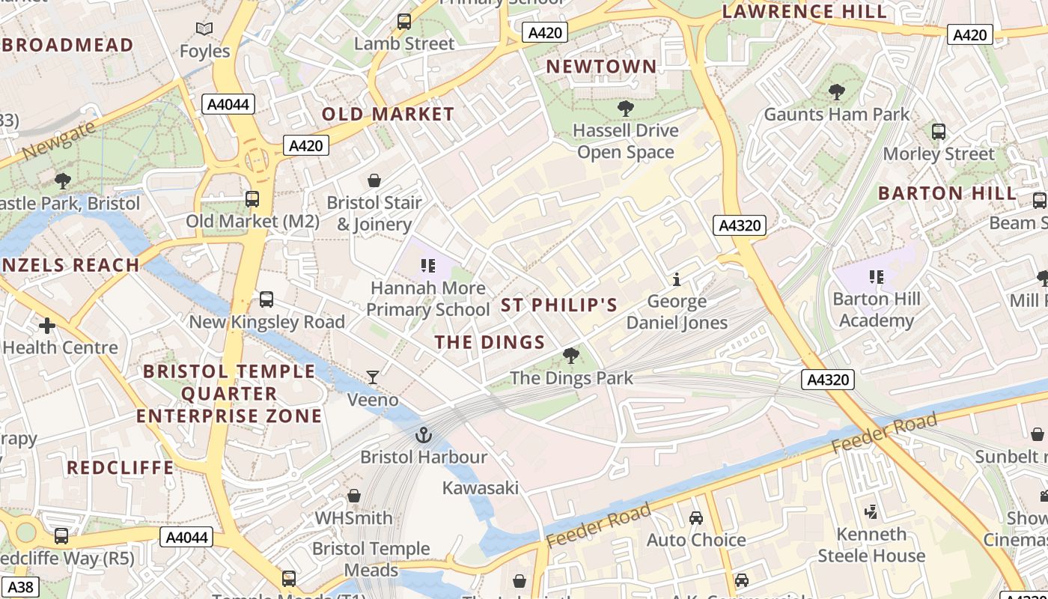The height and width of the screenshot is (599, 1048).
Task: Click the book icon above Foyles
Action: [x=204, y=29]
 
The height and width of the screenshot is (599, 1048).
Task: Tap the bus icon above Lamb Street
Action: [x=404, y=22]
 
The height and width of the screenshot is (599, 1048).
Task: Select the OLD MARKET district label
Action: [x=388, y=114]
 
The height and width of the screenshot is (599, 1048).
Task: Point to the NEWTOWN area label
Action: [x=601, y=66]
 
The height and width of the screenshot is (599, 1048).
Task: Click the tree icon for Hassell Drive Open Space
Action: [x=626, y=109]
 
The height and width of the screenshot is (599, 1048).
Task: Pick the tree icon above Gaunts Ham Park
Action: [x=836, y=92]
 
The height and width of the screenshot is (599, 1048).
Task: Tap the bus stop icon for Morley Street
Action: [x=939, y=132]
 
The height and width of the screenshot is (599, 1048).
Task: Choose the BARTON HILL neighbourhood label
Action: [x=948, y=192]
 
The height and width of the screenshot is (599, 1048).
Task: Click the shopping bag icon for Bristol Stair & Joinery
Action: [x=374, y=180]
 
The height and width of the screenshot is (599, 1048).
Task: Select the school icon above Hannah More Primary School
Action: [x=428, y=265]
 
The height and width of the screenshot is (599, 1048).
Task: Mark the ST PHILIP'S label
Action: [x=559, y=305]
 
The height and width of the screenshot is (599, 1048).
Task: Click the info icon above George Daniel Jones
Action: [x=677, y=279]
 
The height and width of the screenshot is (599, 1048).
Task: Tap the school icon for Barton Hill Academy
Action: [x=877, y=277]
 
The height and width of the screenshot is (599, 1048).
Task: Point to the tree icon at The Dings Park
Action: [x=571, y=356]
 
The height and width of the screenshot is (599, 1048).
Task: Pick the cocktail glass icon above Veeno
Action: [x=372, y=377]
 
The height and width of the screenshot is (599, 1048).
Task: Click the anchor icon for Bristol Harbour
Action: [x=424, y=434]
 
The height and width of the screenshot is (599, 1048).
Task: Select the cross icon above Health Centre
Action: [x=47, y=325]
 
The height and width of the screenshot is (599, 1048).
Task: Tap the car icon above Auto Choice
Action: [x=696, y=517]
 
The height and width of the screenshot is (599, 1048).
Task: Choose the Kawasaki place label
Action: [x=481, y=487]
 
